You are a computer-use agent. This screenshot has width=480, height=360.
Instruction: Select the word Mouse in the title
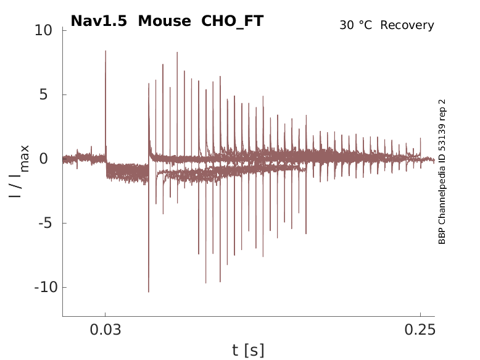(x=165, y=21)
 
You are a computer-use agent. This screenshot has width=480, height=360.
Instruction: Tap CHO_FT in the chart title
(x=233, y=21)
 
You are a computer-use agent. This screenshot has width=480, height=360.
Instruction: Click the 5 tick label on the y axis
(x=52, y=94)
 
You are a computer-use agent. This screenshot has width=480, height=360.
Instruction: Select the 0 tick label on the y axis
(x=52, y=159)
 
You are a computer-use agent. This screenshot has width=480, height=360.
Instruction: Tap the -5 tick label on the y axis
(x=49, y=223)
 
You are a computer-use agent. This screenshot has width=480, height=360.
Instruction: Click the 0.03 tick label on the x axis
(x=106, y=330)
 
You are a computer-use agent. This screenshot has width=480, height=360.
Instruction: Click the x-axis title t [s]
(x=248, y=351)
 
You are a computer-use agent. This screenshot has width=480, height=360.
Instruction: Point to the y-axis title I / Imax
(x=19, y=171)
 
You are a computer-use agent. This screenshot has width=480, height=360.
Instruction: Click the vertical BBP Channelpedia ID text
(x=442, y=171)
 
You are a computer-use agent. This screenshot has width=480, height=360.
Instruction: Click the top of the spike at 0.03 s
(x=106, y=51)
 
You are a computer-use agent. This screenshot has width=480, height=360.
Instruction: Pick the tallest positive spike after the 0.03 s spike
(x=177, y=52)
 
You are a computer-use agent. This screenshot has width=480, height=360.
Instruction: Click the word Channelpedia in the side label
(x=442, y=196)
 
